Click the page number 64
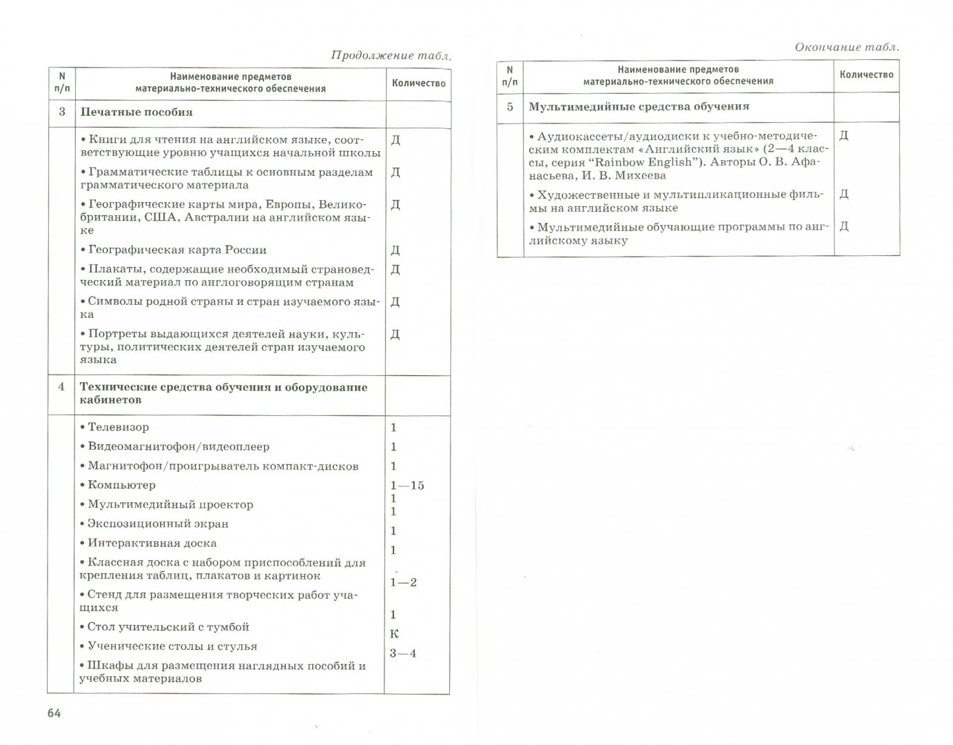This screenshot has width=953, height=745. click(54, 713)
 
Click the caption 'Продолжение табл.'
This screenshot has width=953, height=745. click(391, 56)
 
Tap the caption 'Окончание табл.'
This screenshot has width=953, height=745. click(847, 47)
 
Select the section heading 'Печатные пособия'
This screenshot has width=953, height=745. click(136, 112)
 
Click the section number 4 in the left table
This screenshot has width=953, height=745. click(61, 387)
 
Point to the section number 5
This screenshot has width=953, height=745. click(510, 107)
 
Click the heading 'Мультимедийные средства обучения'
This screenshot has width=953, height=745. click(639, 107)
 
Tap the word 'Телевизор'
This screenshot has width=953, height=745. click(118, 428)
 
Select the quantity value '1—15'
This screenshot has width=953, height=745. click(407, 486)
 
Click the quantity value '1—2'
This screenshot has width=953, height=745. click(403, 582)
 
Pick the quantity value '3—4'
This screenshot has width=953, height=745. click(403, 653)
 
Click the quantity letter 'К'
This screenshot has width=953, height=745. click(394, 634)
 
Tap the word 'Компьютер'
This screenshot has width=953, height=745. click(121, 485)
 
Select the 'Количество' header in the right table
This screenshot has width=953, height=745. click(866, 74)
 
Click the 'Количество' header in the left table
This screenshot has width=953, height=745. click(418, 83)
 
